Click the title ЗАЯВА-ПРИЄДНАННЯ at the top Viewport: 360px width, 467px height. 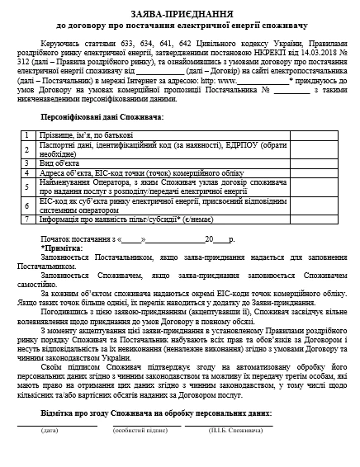pyautogui.click(x=180, y=16)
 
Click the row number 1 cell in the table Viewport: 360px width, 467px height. pyautogui.click(x=27, y=133)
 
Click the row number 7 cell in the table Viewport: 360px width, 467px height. pyautogui.click(x=27, y=218)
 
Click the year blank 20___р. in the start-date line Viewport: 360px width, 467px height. pyautogui.click(x=220, y=238)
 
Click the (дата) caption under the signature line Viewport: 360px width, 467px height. pyautogui.click(x=50, y=430)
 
